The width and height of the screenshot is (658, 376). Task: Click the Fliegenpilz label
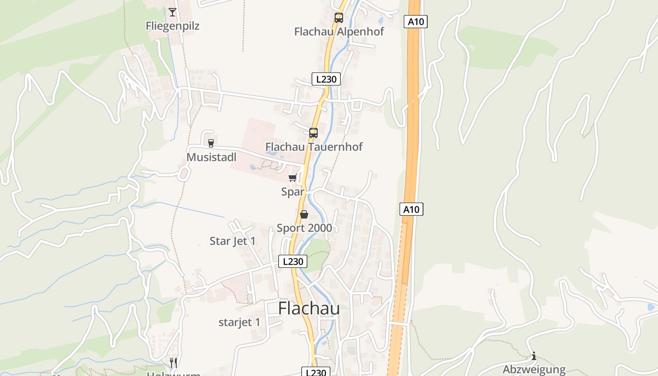pos(172,26)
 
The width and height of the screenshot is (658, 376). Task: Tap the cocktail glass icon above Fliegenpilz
pos(172,12)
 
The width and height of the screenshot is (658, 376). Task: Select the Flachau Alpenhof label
pos(339,31)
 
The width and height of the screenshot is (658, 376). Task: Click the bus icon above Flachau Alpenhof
pos(338,18)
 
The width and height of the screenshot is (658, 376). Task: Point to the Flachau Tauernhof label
pos(314,147)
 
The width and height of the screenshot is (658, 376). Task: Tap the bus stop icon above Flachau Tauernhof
pos(313,133)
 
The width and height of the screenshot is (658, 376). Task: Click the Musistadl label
pos(211,157)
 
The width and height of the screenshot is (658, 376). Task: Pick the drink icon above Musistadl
pos(211,143)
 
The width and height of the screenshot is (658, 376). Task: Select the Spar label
pos(293,192)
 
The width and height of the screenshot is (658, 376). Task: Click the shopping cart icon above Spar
pos(293,178)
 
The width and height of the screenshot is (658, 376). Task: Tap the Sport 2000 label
pos(304,228)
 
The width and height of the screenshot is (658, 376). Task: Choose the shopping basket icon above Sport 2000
pos(304,214)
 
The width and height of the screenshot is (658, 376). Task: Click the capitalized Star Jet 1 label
pos(233,241)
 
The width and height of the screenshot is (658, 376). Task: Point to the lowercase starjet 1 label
pos(239,322)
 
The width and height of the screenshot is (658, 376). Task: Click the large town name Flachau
pos(309,309)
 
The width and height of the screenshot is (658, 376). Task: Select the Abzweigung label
pos(534,369)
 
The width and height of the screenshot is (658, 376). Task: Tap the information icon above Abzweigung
pos(534,356)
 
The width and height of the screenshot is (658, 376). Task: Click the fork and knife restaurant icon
pos(173,362)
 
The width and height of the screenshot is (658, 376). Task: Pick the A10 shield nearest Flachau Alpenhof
pos(415,21)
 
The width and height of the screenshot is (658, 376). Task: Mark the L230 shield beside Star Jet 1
pos(293,261)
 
